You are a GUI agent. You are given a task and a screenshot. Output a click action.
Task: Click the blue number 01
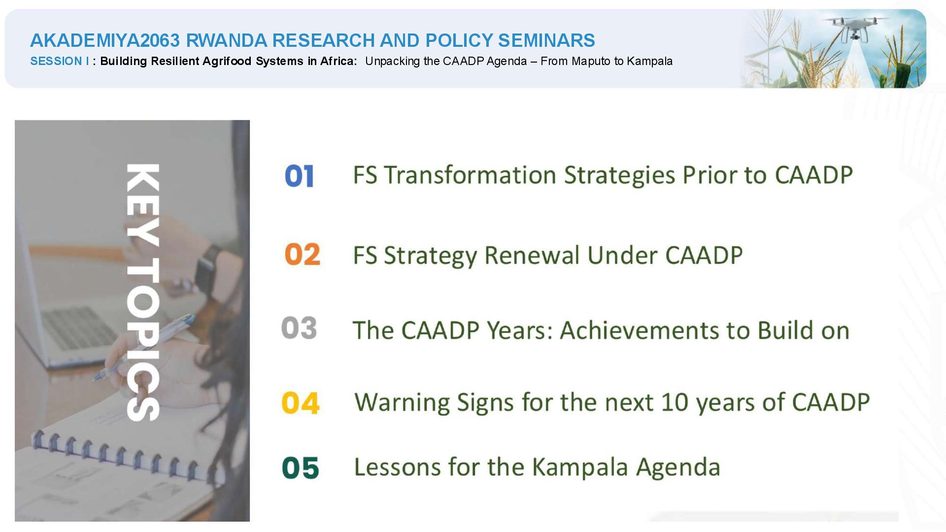click(x=299, y=176)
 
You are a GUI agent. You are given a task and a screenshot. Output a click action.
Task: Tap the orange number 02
click(x=302, y=255)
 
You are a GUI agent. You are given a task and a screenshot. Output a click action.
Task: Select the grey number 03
click(x=299, y=328)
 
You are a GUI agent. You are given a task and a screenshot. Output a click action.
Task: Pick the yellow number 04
click(x=301, y=403)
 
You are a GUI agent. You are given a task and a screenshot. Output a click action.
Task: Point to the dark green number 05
click(x=301, y=467)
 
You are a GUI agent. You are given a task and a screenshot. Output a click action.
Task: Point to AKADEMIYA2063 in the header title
click(x=105, y=40)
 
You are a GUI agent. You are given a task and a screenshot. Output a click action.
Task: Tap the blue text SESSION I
click(x=60, y=61)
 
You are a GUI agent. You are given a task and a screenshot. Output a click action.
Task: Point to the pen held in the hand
click(x=143, y=347)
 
